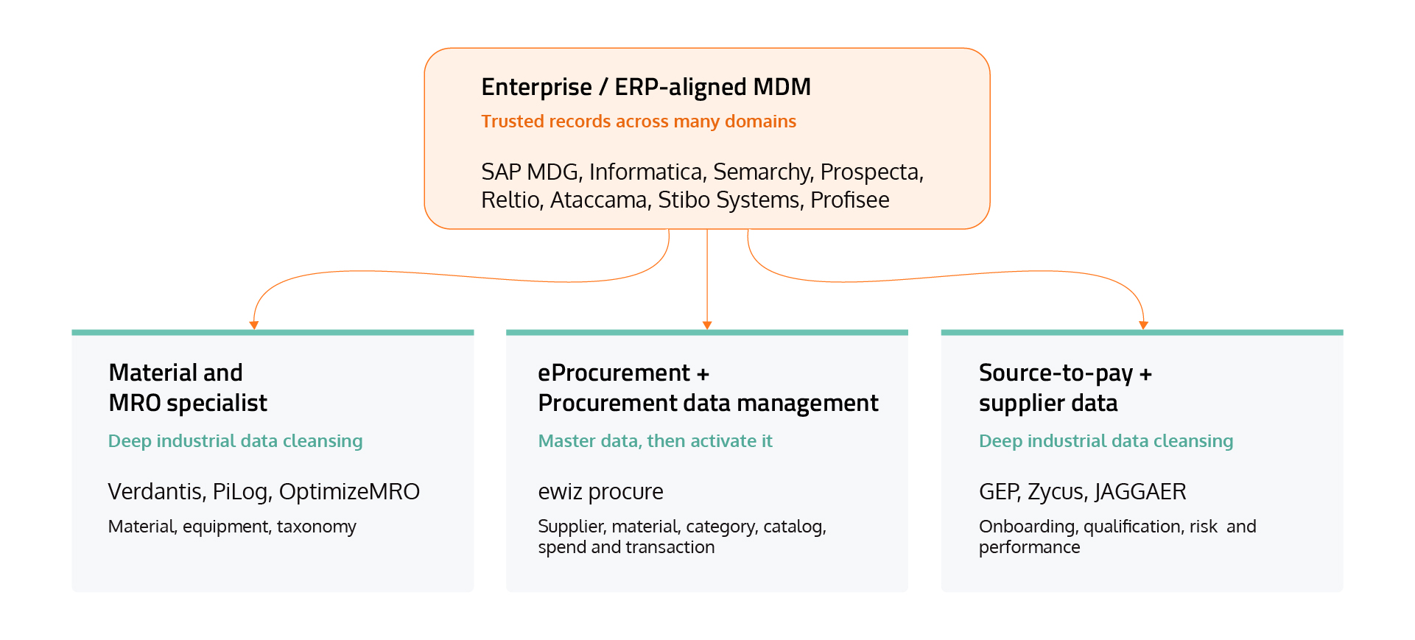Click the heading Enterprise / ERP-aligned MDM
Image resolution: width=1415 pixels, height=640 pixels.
[x=646, y=87]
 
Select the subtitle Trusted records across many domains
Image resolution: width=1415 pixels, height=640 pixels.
[x=639, y=122]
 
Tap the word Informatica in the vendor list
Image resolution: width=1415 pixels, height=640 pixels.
[x=645, y=172]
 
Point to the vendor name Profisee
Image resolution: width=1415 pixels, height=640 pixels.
[x=849, y=200]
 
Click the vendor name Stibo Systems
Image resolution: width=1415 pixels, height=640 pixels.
[x=728, y=200]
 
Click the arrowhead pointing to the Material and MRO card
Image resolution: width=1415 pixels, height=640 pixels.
[x=254, y=325]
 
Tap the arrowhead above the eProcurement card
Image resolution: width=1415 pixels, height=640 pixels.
[x=707, y=325]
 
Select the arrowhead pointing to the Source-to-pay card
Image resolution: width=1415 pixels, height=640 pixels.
[x=1143, y=325]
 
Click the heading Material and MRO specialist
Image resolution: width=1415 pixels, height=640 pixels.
[x=188, y=387]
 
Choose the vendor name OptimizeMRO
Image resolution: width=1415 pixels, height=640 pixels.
[x=349, y=491]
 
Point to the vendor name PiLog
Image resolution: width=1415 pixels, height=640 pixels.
[x=241, y=492]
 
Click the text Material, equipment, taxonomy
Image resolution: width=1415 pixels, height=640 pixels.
[x=232, y=527]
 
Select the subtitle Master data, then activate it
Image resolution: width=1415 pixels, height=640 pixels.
[x=655, y=441]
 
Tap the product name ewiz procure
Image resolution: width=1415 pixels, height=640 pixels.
[x=600, y=492]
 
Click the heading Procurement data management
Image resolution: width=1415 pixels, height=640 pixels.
[x=708, y=403]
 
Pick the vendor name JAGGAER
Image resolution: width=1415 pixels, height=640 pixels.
[x=1140, y=492]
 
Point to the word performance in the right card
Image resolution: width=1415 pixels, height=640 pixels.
[x=1029, y=547]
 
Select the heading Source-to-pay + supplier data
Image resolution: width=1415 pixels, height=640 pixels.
[x=1065, y=387]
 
